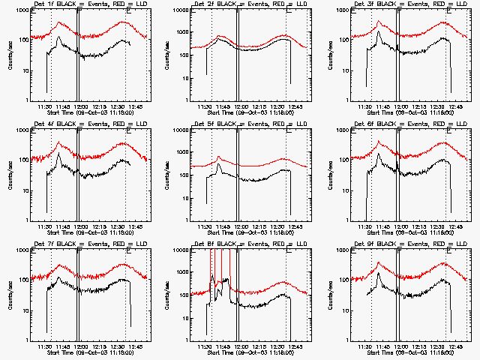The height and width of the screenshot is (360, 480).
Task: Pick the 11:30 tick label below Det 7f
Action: [x=44, y=347]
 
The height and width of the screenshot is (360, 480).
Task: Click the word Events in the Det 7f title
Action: [x=91, y=244]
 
